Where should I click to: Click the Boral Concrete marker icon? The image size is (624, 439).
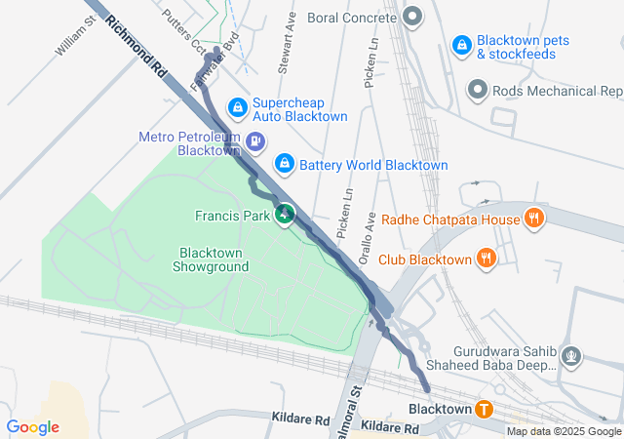pos(413,17)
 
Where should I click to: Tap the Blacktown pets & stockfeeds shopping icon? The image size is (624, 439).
pos(461,44)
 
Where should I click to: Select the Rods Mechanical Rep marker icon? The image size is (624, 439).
pos(477,91)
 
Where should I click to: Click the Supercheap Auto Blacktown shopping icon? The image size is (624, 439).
pos(237,106)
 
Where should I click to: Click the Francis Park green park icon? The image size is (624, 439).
pos(285,214)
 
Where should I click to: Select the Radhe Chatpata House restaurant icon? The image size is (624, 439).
pos(533,219)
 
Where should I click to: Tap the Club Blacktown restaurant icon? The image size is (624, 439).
pos(486,259)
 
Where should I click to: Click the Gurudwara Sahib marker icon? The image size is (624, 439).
pos(572,357)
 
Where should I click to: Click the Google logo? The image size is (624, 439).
pos(32,426)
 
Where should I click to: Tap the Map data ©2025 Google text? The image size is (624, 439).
pos(563,431)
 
